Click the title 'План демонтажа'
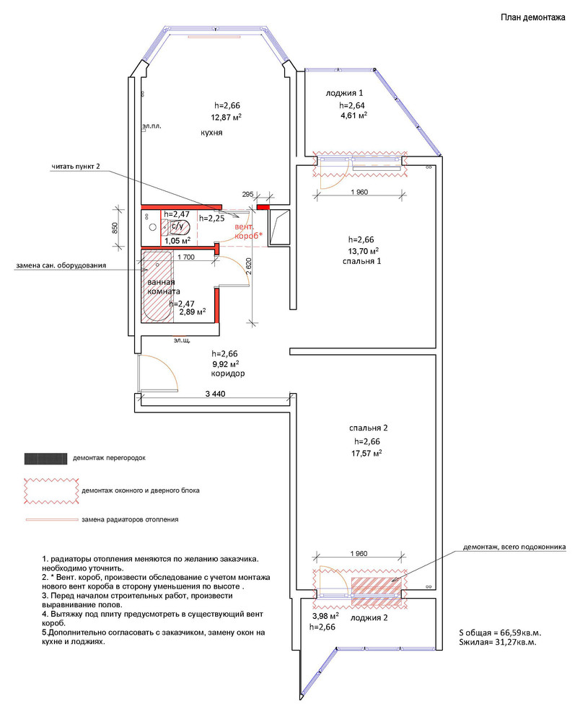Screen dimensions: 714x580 click(532, 18)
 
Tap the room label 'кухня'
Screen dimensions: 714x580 click(211, 133)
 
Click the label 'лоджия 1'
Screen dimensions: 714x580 click(345, 93)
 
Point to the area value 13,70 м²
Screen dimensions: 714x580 click(363, 251)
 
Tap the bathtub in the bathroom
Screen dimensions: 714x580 click(157, 288)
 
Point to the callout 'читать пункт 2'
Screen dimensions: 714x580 click(75, 167)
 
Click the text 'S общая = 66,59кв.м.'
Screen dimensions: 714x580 click(499, 630)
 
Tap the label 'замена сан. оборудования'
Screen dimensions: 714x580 click(61, 265)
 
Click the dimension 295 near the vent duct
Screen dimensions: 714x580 click(247, 195)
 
